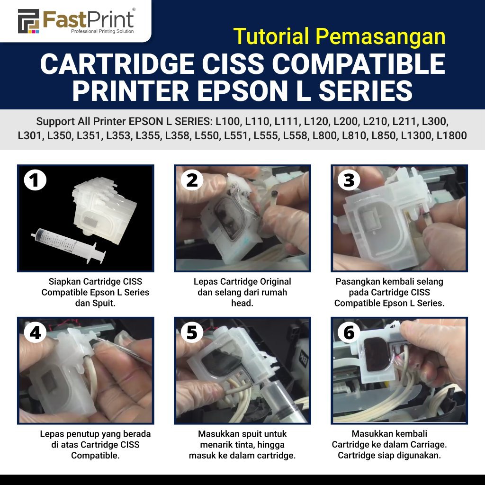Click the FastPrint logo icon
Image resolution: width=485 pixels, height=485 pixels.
pyautogui.click(x=28, y=21)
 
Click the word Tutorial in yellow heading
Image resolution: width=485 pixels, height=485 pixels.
pyautogui.click(x=271, y=36)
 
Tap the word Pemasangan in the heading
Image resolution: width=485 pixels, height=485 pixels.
pyautogui.click(x=380, y=37)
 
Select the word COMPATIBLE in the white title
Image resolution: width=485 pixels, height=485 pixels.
pyautogui.click(x=359, y=64)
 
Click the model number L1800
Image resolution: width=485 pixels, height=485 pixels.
pyautogui.click(x=451, y=135)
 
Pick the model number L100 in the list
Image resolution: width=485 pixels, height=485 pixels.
pyautogui.click(x=228, y=122)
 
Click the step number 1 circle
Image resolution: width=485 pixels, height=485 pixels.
pyautogui.click(x=35, y=180)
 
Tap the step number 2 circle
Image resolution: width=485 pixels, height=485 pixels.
pyautogui.click(x=192, y=180)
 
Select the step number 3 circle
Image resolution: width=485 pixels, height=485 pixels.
pyautogui.click(x=349, y=180)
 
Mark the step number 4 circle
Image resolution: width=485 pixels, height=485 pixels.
pyautogui.click(x=35, y=332)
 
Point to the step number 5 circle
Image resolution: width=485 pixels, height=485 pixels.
pyautogui.click(x=192, y=332)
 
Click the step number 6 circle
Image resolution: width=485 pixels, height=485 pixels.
pyautogui.click(x=349, y=332)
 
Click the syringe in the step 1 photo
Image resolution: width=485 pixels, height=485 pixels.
pyautogui.click(x=68, y=246)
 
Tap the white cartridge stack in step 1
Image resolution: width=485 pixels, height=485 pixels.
pyautogui.click(x=104, y=210)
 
